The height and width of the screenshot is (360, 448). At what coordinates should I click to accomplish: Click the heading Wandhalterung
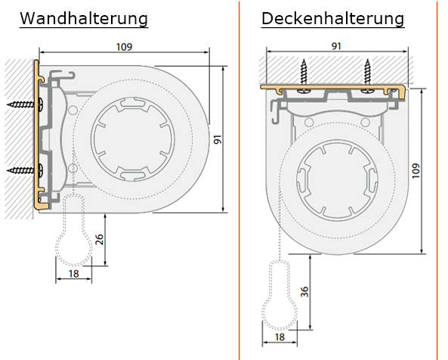84,19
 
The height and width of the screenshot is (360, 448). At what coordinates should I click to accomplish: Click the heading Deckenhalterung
333,19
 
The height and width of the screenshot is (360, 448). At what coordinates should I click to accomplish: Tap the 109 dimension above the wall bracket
125,47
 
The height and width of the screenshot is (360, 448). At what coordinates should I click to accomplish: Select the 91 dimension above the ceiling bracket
336,46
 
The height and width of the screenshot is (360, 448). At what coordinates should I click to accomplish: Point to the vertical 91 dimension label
218,140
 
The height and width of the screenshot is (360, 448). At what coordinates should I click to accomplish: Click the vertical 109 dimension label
416,171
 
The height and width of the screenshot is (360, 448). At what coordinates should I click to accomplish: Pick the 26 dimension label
99,239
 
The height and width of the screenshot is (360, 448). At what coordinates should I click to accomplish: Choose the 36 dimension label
305,292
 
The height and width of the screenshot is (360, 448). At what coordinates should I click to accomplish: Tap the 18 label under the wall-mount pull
74,274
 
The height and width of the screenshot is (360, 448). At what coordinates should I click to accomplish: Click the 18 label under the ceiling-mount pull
280,337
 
